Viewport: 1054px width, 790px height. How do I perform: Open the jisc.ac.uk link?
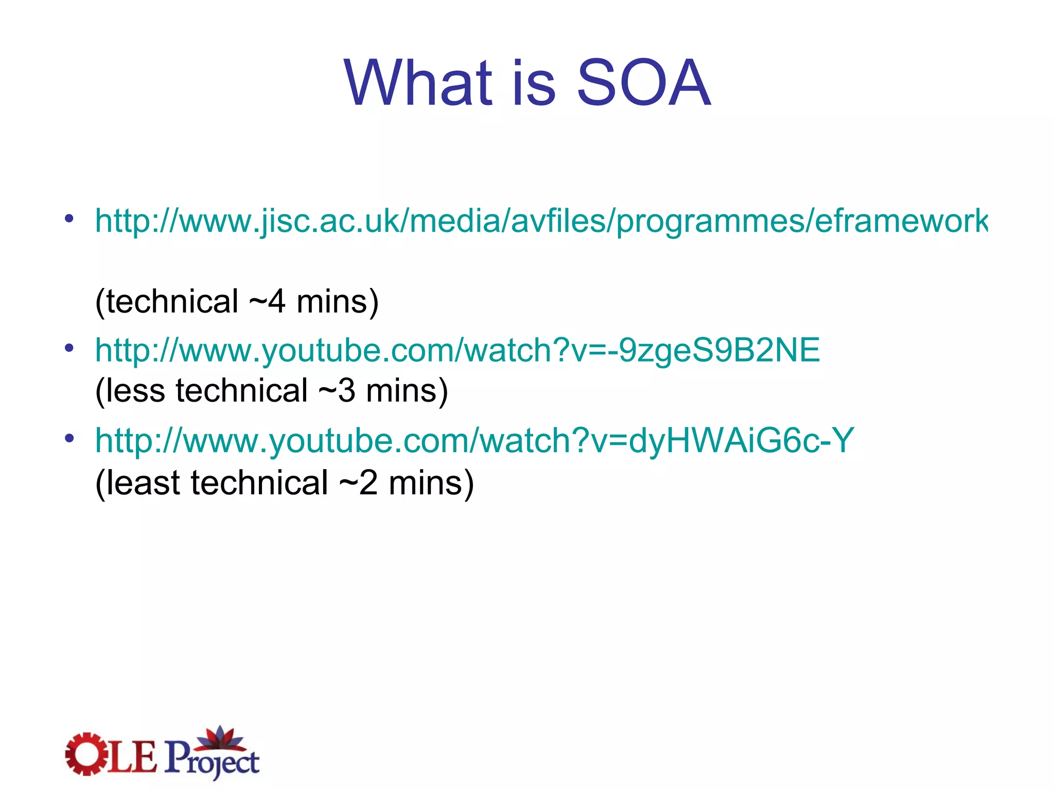point(540,221)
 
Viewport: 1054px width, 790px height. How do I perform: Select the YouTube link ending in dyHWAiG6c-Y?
point(474,441)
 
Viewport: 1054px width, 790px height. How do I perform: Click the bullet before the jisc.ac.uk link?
point(69,219)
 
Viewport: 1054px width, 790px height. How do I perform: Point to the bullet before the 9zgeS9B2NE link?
point(69,348)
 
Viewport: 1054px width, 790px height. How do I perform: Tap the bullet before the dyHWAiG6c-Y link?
point(69,439)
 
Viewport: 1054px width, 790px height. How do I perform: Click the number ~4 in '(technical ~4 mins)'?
point(267,301)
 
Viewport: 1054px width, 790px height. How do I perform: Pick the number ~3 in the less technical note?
point(337,391)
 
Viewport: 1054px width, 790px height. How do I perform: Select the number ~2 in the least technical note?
point(358,483)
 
